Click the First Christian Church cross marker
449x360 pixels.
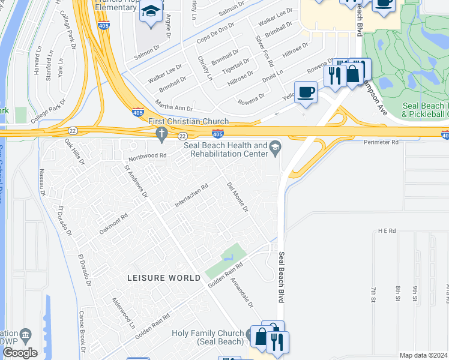(x=161, y=136)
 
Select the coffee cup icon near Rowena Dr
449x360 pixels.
(x=306, y=92)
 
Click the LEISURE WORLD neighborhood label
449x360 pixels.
(x=164, y=278)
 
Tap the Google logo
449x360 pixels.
(x=20, y=353)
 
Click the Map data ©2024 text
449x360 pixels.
(x=423, y=355)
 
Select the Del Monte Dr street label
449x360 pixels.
(x=238, y=197)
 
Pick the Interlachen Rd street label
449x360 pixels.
(x=191, y=196)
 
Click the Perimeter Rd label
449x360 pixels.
(x=381, y=143)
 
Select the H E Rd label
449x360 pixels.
(x=387, y=230)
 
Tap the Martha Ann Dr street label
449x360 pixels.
(x=174, y=106)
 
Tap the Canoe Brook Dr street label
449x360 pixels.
(x=83, y=330)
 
